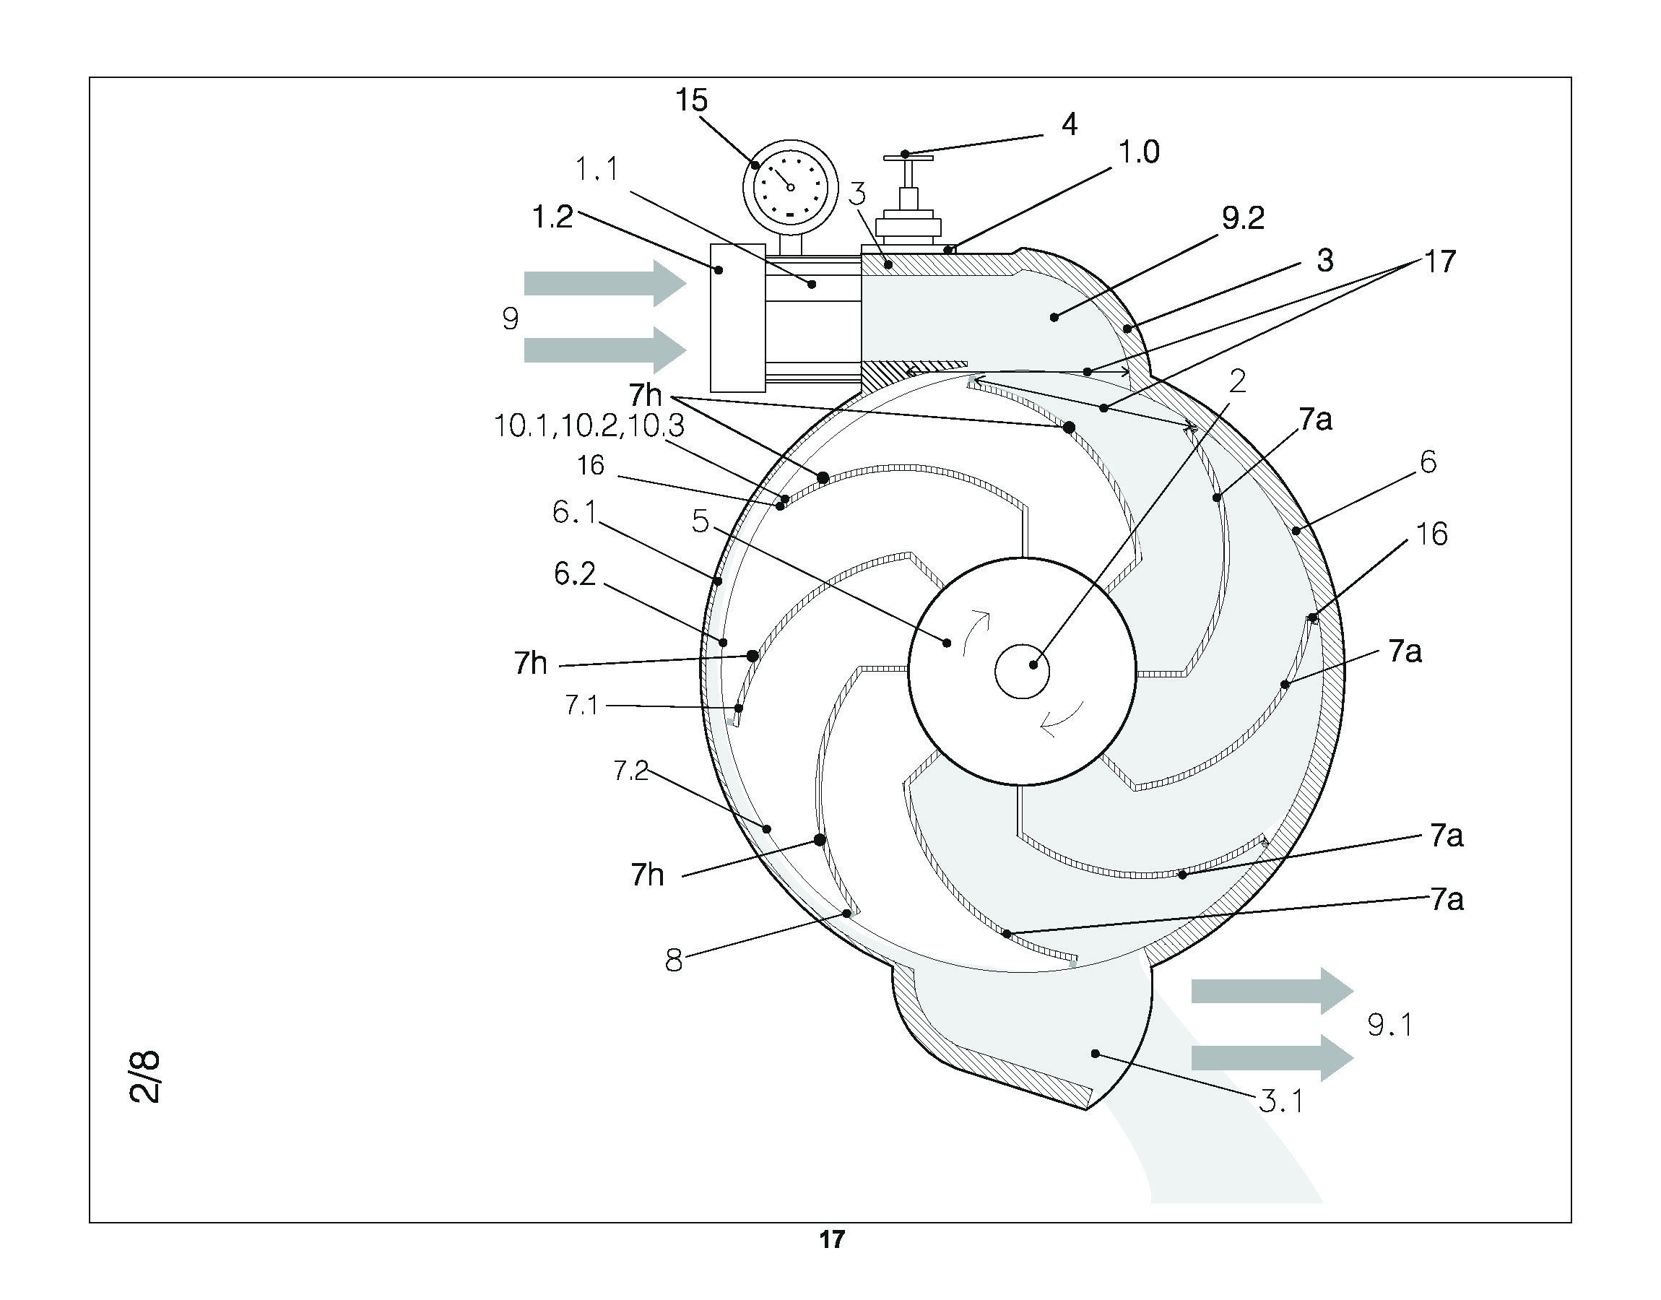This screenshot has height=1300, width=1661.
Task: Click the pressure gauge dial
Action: tap(790, 187)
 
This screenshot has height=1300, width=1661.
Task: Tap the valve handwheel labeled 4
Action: tap(908, 158)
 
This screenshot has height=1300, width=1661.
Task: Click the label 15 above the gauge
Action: tap(692, 100)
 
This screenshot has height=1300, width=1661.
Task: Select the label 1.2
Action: tap(552, 217)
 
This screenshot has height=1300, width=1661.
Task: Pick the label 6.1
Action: tap(574, 512)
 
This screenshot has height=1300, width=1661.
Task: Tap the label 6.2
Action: tap(574, 574)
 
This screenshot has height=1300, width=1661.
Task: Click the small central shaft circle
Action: tap(1022, 670)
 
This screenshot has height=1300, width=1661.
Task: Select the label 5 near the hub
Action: tap(700, 522)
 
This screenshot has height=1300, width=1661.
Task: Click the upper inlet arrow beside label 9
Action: tap(605, 284)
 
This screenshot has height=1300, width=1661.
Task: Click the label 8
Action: tap(673, 961)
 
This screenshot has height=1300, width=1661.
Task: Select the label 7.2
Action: tap(630, 772)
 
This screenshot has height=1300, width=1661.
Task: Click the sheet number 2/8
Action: tap(144, 1077)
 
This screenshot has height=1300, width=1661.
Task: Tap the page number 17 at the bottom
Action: tap(832, 1240)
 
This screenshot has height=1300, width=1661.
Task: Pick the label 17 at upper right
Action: tap(1439, 262)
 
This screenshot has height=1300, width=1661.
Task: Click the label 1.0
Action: tap(1138, 153)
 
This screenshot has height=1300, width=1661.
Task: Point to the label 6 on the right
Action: tap(1428, 462)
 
